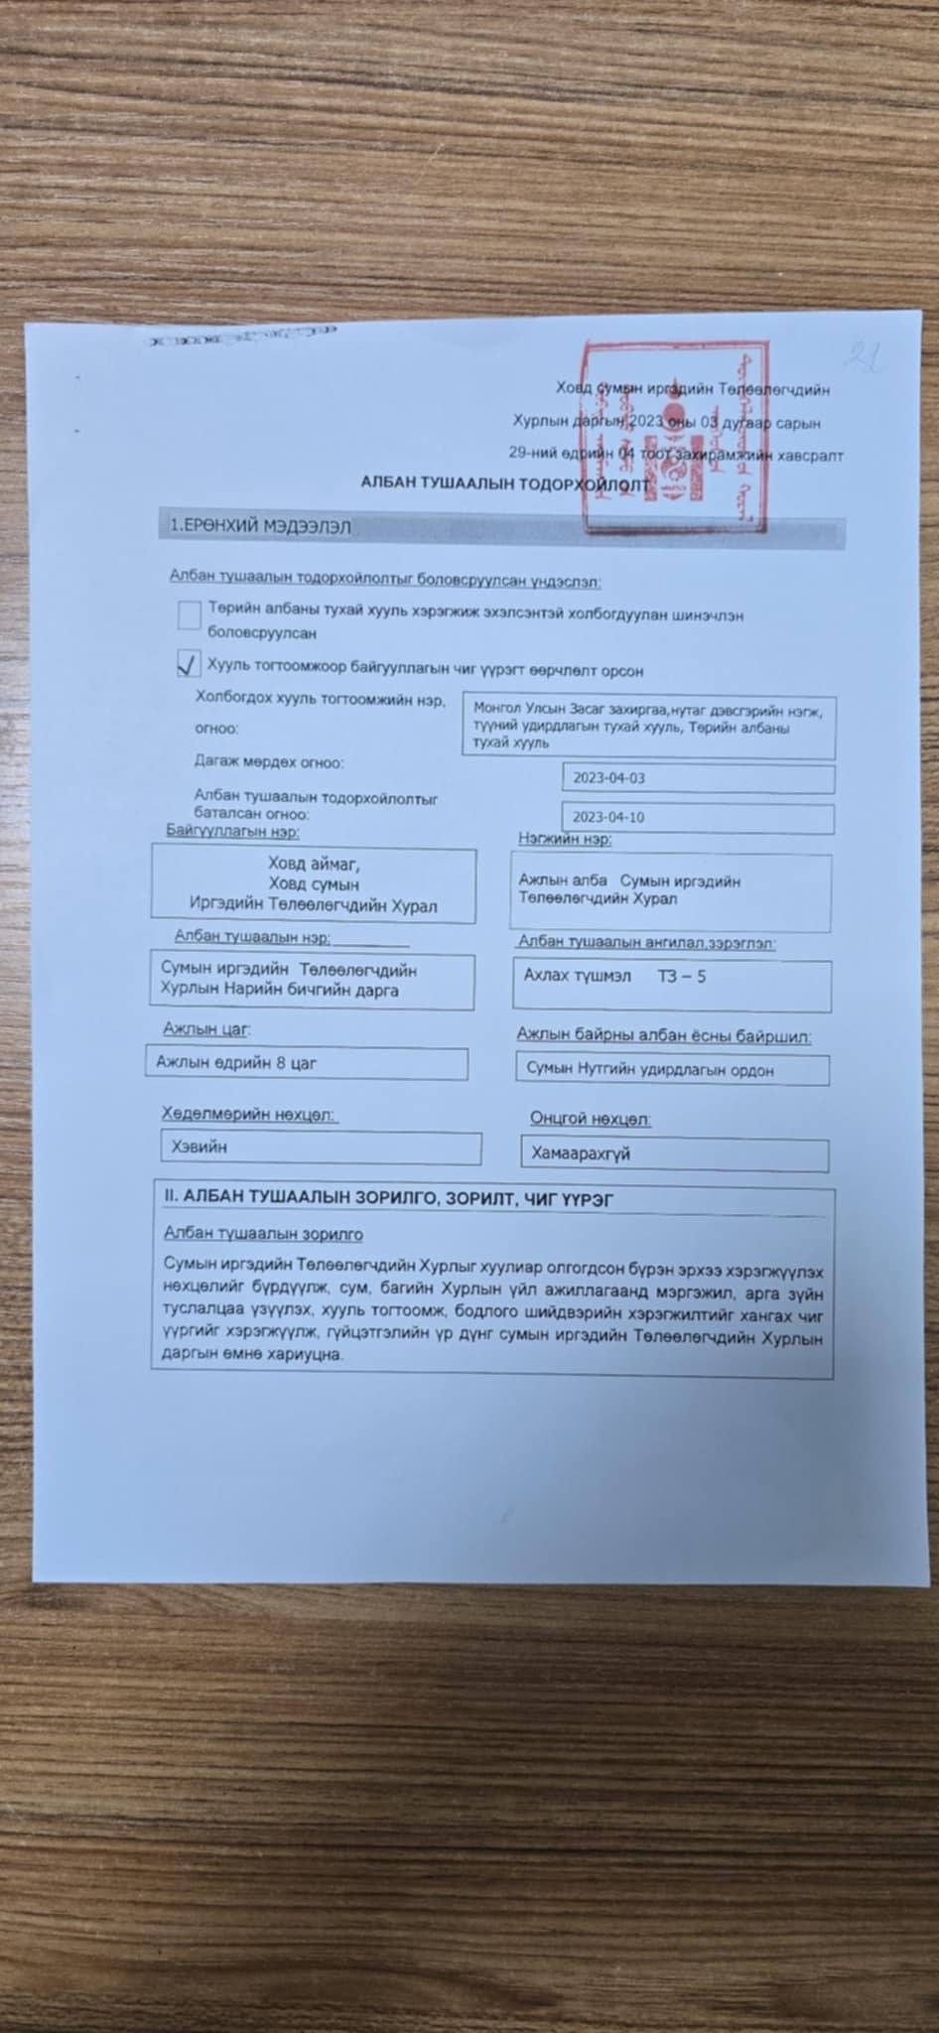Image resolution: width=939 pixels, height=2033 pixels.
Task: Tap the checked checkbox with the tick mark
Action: click(188, 664)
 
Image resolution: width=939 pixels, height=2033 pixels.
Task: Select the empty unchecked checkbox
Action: click(189, 615)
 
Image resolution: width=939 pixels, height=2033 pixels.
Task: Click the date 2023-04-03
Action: click(608, 778)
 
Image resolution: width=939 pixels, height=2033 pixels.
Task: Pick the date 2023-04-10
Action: click(608, 817)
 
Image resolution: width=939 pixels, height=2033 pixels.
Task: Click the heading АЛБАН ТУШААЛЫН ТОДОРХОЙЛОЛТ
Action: click(503, 483)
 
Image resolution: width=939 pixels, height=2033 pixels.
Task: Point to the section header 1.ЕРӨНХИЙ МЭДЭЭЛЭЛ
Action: click(260, 526)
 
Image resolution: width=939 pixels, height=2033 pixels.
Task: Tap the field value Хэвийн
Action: click(200, 1147)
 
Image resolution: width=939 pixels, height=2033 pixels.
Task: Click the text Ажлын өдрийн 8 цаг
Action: click(236, 1063)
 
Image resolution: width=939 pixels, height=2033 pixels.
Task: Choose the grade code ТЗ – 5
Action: click(682, 977)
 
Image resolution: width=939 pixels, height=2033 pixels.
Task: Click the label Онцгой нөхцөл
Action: click(590, 1119)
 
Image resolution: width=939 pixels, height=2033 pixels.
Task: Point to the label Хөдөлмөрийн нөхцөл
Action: click(248, 1115)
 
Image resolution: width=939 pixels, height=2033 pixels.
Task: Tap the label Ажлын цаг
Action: click(206, 1029)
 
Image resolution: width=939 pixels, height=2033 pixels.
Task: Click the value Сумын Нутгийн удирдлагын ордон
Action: click(650, 1070)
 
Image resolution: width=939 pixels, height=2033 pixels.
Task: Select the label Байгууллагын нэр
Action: click(232, 831)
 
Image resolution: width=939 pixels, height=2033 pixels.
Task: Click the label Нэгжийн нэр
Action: click(564, 839)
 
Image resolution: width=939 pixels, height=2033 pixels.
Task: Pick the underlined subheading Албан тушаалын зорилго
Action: click(263, 1234)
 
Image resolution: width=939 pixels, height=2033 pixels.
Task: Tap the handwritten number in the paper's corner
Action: click(863, 355)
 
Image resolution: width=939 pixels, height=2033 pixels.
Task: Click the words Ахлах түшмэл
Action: click(577, 976)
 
